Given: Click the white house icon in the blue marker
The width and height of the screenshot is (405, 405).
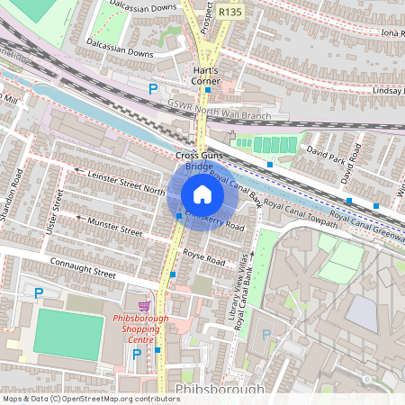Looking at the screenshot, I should click(202, 194).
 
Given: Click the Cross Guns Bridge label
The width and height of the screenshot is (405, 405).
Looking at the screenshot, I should click(199, 161).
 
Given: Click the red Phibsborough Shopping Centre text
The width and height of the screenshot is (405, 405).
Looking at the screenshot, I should click(140, 330).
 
